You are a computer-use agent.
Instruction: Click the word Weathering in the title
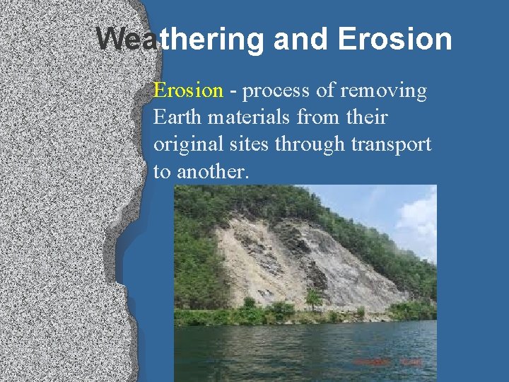(180, 40)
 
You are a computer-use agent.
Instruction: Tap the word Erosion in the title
(395, 40)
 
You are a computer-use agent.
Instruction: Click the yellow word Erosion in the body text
(188, 91)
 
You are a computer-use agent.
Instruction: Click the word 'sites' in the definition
(248, 144)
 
